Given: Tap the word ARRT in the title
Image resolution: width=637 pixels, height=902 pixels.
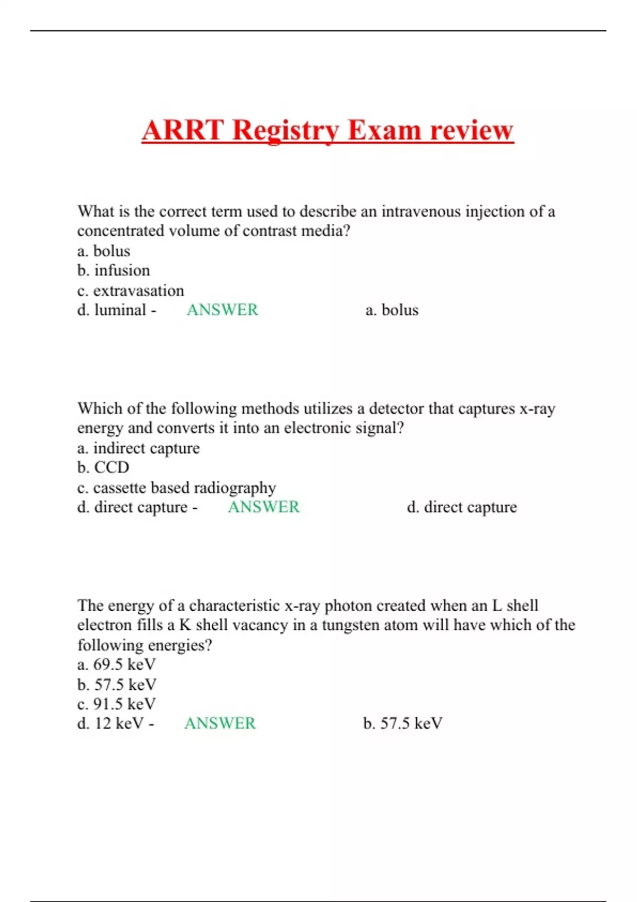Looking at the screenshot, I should pyautogui.click(x=183, y=131).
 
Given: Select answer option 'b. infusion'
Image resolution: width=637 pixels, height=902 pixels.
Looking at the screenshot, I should pyautogui.click(x=114, y=271).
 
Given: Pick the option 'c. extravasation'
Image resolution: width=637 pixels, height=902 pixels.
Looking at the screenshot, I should pyautogui.click(x=131, y=291).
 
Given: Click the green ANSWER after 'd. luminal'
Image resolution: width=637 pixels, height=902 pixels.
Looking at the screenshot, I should pyautogui.click(x=222, y=310).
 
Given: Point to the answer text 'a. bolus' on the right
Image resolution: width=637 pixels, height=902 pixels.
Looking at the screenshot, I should pyautogui.click(x=392, y=310).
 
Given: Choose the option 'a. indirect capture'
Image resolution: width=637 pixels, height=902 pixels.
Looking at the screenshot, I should pyautogui.click(x=139, y=448).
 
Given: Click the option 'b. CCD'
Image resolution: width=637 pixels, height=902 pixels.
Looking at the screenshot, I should pyautogui.click(x=104, y=467).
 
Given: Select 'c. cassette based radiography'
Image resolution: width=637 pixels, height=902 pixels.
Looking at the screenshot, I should pyautogui.click(x=177, y=488).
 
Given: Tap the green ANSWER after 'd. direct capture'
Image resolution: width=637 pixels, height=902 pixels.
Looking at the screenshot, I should pyautogui.click(x=264, y=507).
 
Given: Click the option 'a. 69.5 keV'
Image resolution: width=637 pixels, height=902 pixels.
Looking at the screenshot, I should pyautogui.click(x=117, y=665).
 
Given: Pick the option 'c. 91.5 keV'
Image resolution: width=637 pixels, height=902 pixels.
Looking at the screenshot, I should pyautogui.click(x=117, y=704).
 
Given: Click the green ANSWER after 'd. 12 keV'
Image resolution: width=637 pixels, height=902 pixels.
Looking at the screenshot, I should pyautogui.click(x=220, y=724).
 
